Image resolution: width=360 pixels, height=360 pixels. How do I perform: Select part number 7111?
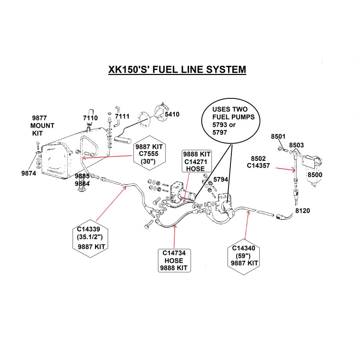tap(122, 117)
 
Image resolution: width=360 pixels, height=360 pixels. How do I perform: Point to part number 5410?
tap(172, 114)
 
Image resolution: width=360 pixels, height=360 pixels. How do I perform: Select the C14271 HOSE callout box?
tap(196, 161)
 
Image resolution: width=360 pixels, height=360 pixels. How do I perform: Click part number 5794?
tap(221, 179)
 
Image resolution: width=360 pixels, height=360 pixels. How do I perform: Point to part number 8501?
tap(279, 136)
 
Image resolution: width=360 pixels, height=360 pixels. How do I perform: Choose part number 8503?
tap(297, 144)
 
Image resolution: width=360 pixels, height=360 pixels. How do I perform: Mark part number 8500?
tap(315, 175)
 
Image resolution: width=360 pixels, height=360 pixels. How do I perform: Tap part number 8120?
tap(302, 210)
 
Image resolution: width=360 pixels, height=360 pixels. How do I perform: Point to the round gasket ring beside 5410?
tap(141, 119)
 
